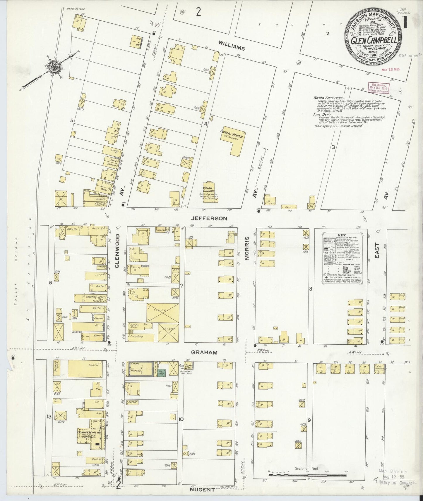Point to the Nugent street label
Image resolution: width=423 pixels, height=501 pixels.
click(202, 489)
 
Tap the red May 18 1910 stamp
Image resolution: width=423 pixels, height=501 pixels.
click(391, 70)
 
